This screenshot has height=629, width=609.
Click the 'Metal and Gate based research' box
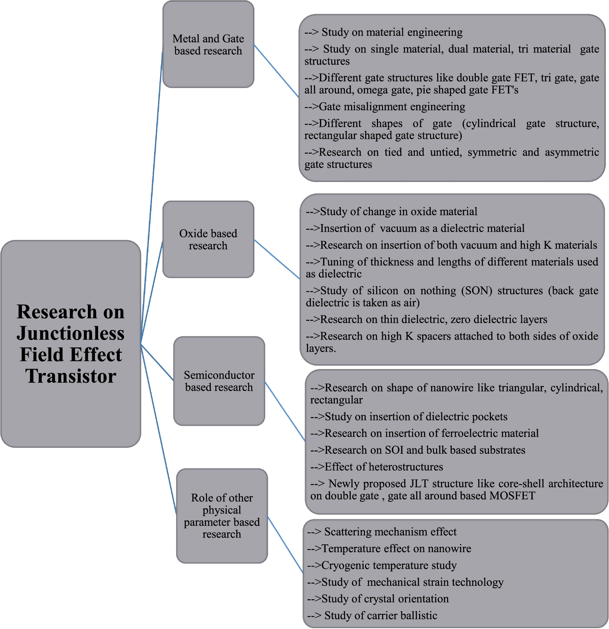tap(208, 45)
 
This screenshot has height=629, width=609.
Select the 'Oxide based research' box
tap(208, 239)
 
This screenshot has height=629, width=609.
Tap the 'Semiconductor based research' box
tap(219, 381)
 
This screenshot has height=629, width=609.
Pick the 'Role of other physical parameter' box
tap(222, 516)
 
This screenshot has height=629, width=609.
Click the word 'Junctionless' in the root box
tap(71, 333)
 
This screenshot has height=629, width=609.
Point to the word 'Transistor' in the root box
tap(71, 376)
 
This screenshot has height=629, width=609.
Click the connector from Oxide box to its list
tap(277, 259)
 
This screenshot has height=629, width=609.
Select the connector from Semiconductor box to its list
tap(285, 411)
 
